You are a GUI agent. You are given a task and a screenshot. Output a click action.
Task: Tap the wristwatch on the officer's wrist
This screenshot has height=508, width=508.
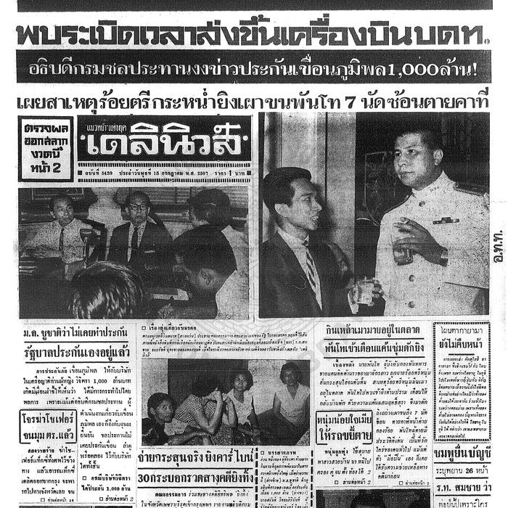(443, 255)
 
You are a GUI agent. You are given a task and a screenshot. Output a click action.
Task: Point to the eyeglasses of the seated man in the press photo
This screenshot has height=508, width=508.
(139, 208)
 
